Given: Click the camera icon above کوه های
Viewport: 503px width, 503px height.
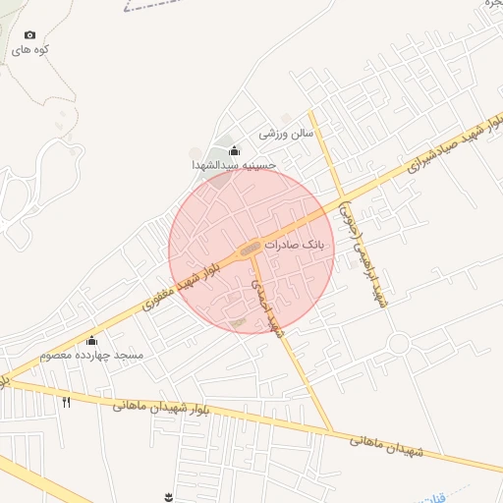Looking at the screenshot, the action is pyautogui.click(x=28, y=34).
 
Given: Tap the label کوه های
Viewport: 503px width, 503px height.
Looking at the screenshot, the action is pyautogui.click(x=31, y=48).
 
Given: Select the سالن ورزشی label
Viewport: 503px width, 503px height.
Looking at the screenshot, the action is pyautogui.click(x=286, y=132).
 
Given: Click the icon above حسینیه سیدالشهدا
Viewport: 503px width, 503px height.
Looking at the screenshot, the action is pyautogui.click(x=234, y=151).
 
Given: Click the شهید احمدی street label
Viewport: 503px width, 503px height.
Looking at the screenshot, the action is pyautogui.click(x=263, y=306).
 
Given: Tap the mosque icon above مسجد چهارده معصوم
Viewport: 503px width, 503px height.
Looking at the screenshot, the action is pyautogui.click(x=92, y=340).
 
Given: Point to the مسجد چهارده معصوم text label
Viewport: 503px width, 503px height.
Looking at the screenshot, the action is pyautogui.click(x=92, y=354).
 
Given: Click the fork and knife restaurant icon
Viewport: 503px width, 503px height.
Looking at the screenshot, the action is pyautogui.click(x=67, y=402).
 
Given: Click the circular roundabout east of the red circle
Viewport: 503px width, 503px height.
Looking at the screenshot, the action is pyautogui.click(x=398, y=344).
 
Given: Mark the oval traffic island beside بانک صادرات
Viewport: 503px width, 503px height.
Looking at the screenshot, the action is pyautogui.click(x=251, y=248).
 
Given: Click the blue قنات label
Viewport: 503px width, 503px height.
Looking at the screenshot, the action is pyautogui.click(x=433, y=497).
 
